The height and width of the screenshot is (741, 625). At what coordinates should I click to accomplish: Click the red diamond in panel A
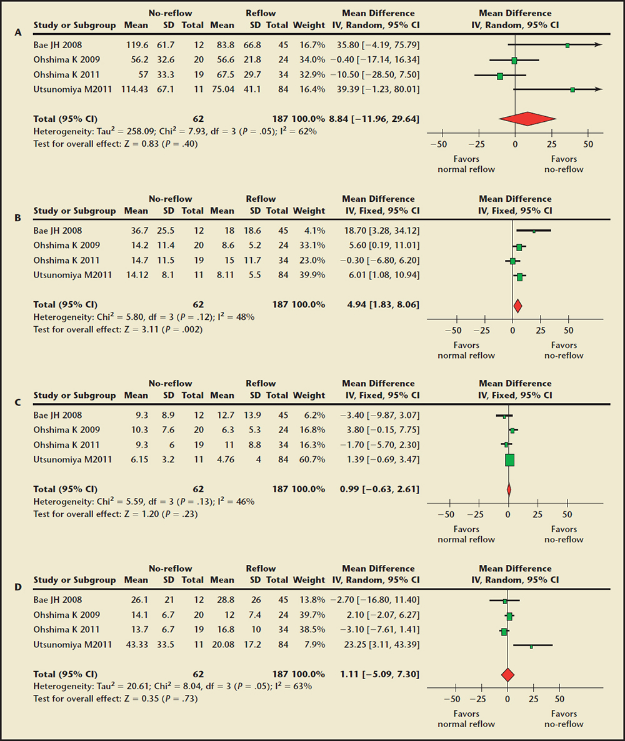coord(527,119)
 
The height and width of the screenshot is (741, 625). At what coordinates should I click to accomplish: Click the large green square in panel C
coord(509,460)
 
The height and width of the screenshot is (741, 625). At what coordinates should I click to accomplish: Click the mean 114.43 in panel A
coord(132,89)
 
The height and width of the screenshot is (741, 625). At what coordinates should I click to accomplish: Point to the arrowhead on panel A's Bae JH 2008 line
coord(599,45)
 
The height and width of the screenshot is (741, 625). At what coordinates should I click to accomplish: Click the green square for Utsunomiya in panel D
coord(531,645)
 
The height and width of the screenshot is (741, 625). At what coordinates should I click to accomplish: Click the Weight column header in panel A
coord(309,26)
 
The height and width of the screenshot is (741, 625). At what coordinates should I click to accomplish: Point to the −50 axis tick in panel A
coord(441,142)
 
